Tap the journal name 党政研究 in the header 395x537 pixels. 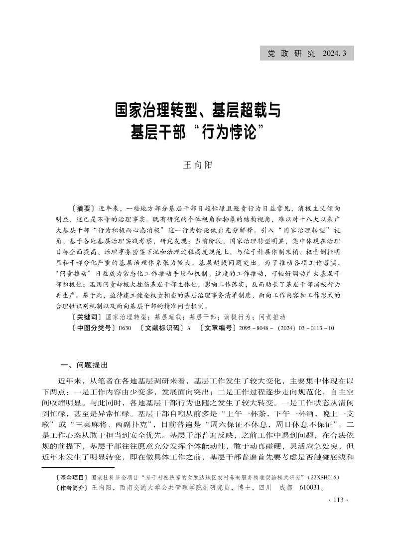291,53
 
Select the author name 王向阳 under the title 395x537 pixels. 197,165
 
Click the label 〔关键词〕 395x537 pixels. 86,317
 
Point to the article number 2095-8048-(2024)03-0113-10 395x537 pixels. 286,328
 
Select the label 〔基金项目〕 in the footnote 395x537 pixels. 73,477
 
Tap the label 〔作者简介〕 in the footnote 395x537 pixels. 73,487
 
